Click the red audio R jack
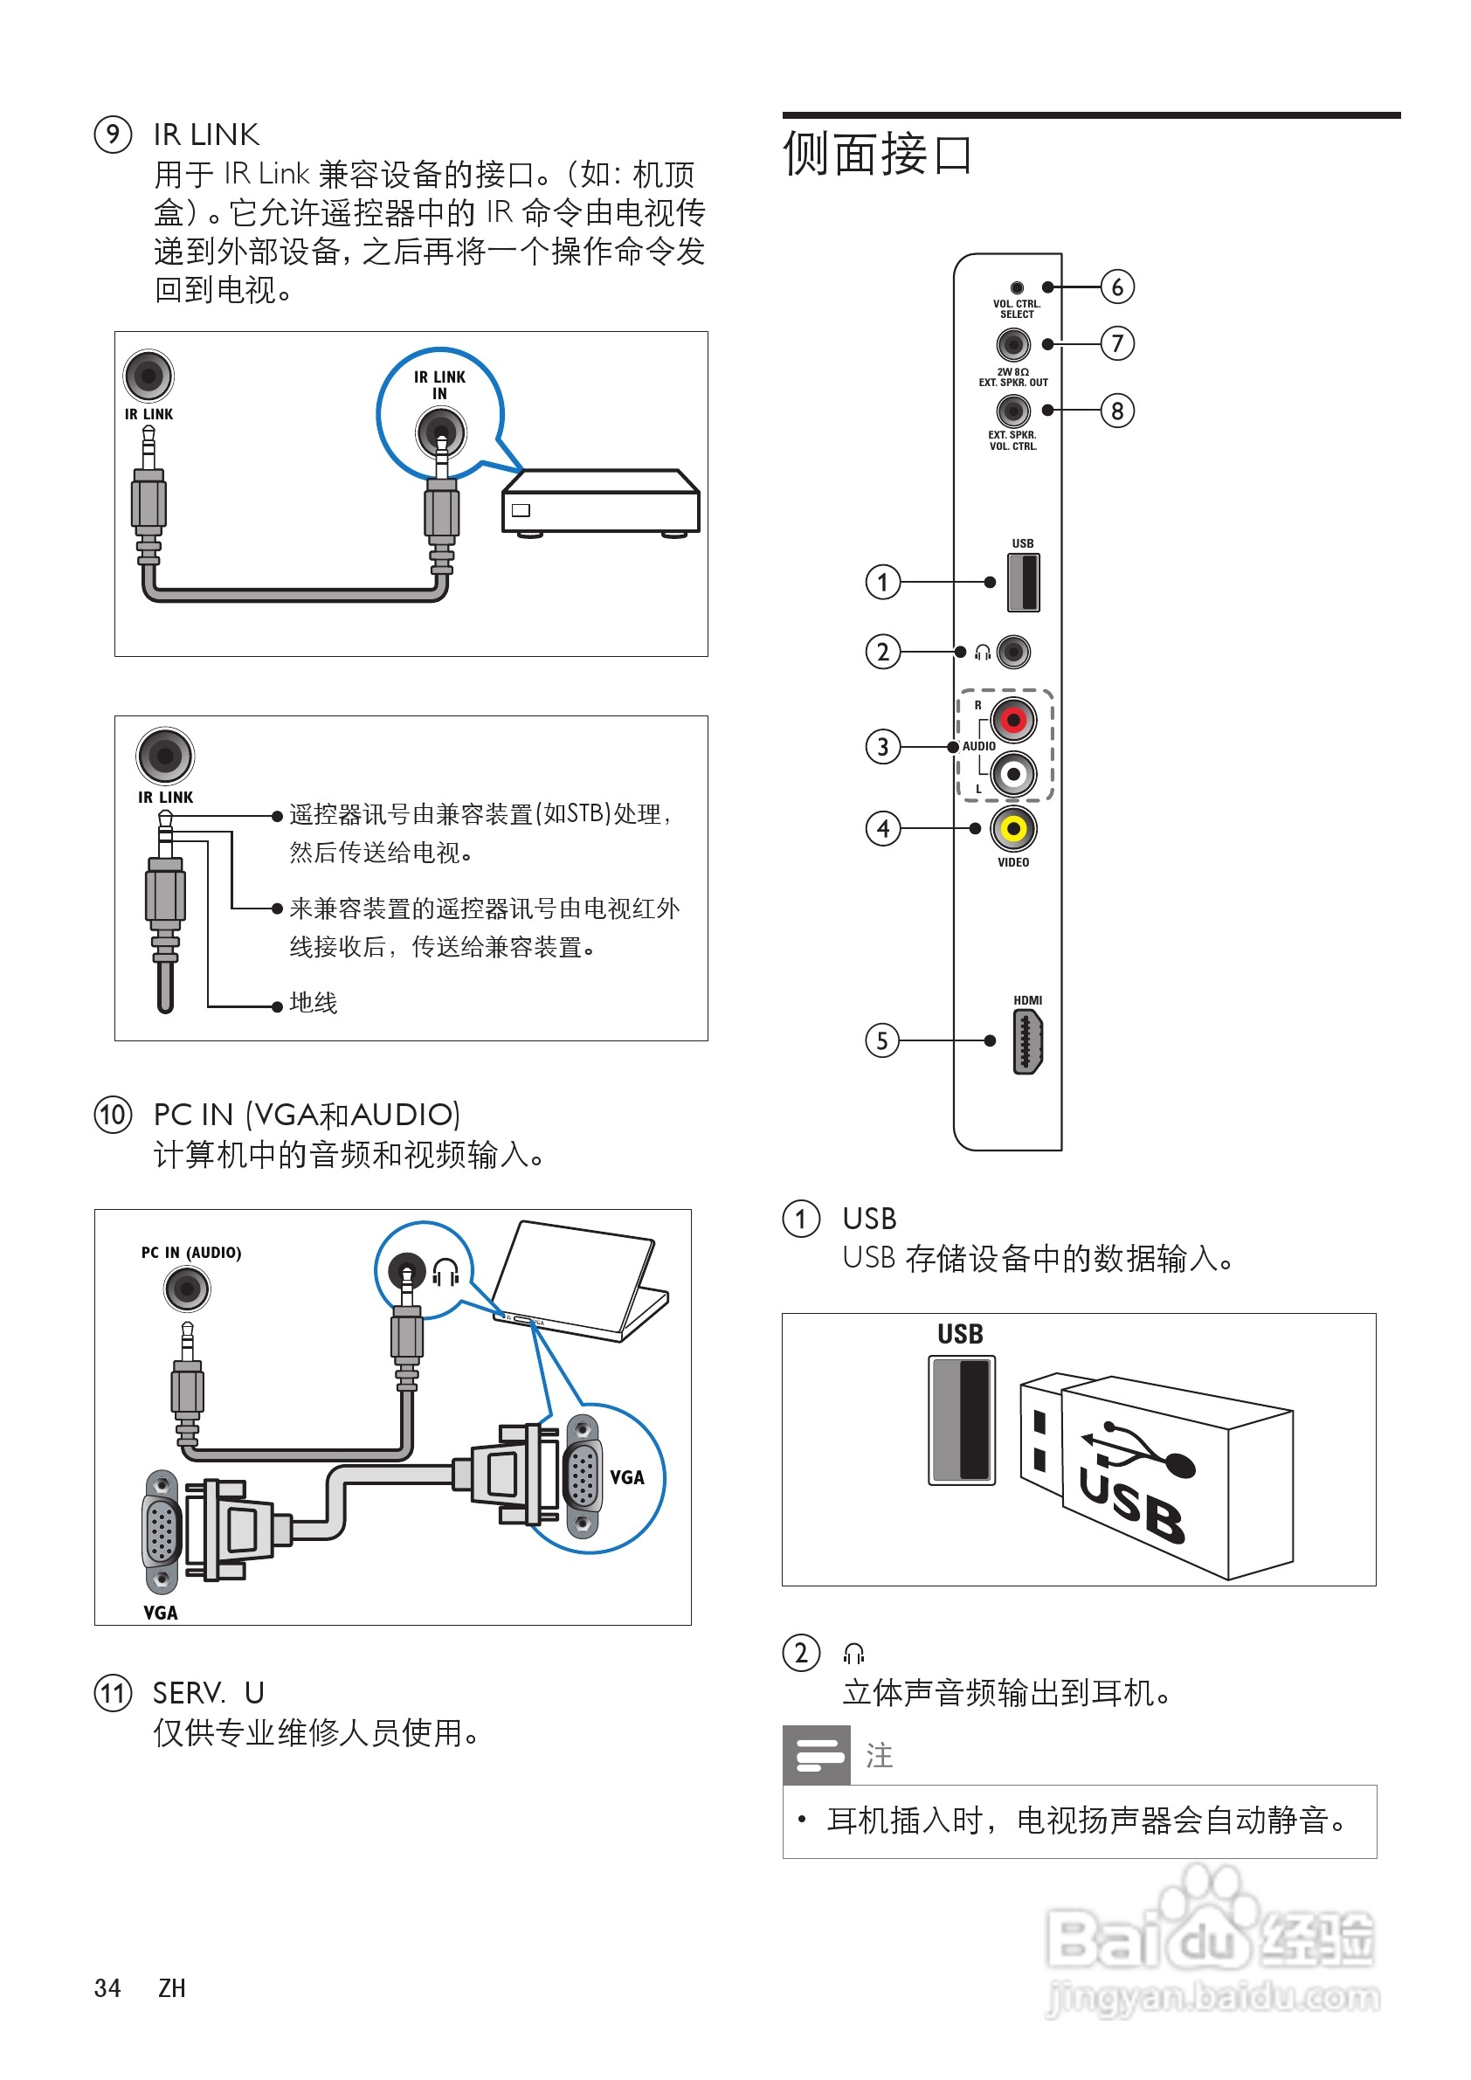pyautogui.click(x=1012, y=720)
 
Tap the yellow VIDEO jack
pyautogui.click(x=1013, y=828)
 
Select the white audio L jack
pyautogui.click(x=1012, y=775)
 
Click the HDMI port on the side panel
pyautogui.click(x=1027, y=1042)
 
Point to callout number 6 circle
pyautogui.click(x=1117, y=287)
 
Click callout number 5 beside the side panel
pyautogui.click(x=882, y=1041)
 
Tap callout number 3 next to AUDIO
pyautogui.click(x=882, y=748)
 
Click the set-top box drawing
pyautogui.click(x=600, y=503)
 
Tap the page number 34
pyautogui.click(x=107, y=1987)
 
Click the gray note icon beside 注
pyautogui.click(x=815, y=1755)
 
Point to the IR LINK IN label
pyautogui.click(x=439, y=385)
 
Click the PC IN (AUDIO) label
pyautogui.click(x=191, y=1253)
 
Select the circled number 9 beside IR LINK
pyautogui.click(x=114, y=135)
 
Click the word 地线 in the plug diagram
pyautogui.click(x=314, y=1003)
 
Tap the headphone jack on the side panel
pyautogui.click(x=1013, y=652)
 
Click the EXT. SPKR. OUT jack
pyautogui.click(x=1012, y=344)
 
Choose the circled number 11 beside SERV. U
pyautogui.click(x=114, y=1692)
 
